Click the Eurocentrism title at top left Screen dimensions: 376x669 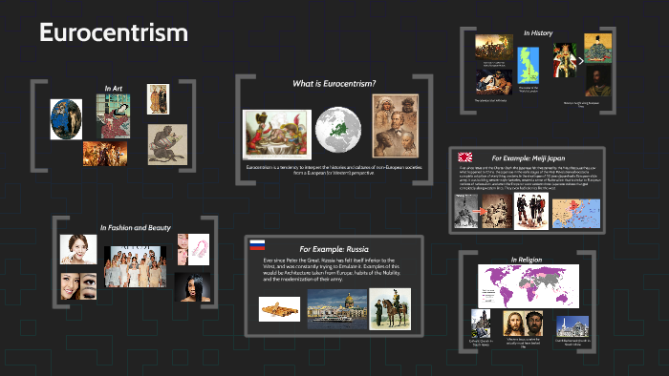click(x=113, y=32)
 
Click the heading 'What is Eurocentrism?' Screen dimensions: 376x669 click(x=334, y=83)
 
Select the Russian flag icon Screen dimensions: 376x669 click(x=257, y=244)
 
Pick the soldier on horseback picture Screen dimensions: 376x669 click(x=390, y=308)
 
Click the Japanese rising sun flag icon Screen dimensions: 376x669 click(x=465, y=157)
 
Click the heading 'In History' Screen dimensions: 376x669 click(x=538, y=32)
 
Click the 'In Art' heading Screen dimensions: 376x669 click(x=113, y=88)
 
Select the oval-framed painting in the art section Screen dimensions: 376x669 click(x=65, y=119)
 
